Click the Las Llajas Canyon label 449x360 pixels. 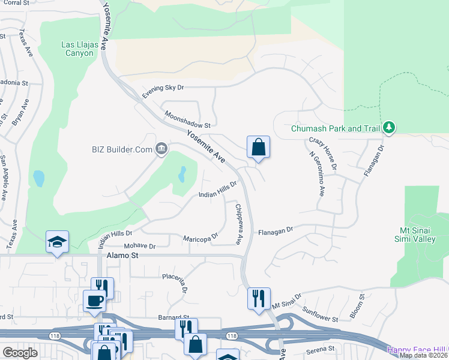[x=78, y=49]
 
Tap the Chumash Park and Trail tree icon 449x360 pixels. [x=390, y=127]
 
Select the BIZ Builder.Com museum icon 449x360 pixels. [x=161, y=149]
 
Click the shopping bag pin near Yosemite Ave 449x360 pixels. [x=258, y=147]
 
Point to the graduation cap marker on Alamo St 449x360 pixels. [x=57, y=242]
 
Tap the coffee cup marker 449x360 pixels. [x=95, y=300]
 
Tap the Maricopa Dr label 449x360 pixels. [x=200, y=239]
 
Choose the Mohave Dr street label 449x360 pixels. [x=139, y=246]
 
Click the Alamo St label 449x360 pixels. [x=122, y=256]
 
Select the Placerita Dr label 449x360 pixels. [x=175, y=283]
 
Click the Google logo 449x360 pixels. [x=20, y=353]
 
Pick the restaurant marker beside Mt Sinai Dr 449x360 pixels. [x=259, y=298]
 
